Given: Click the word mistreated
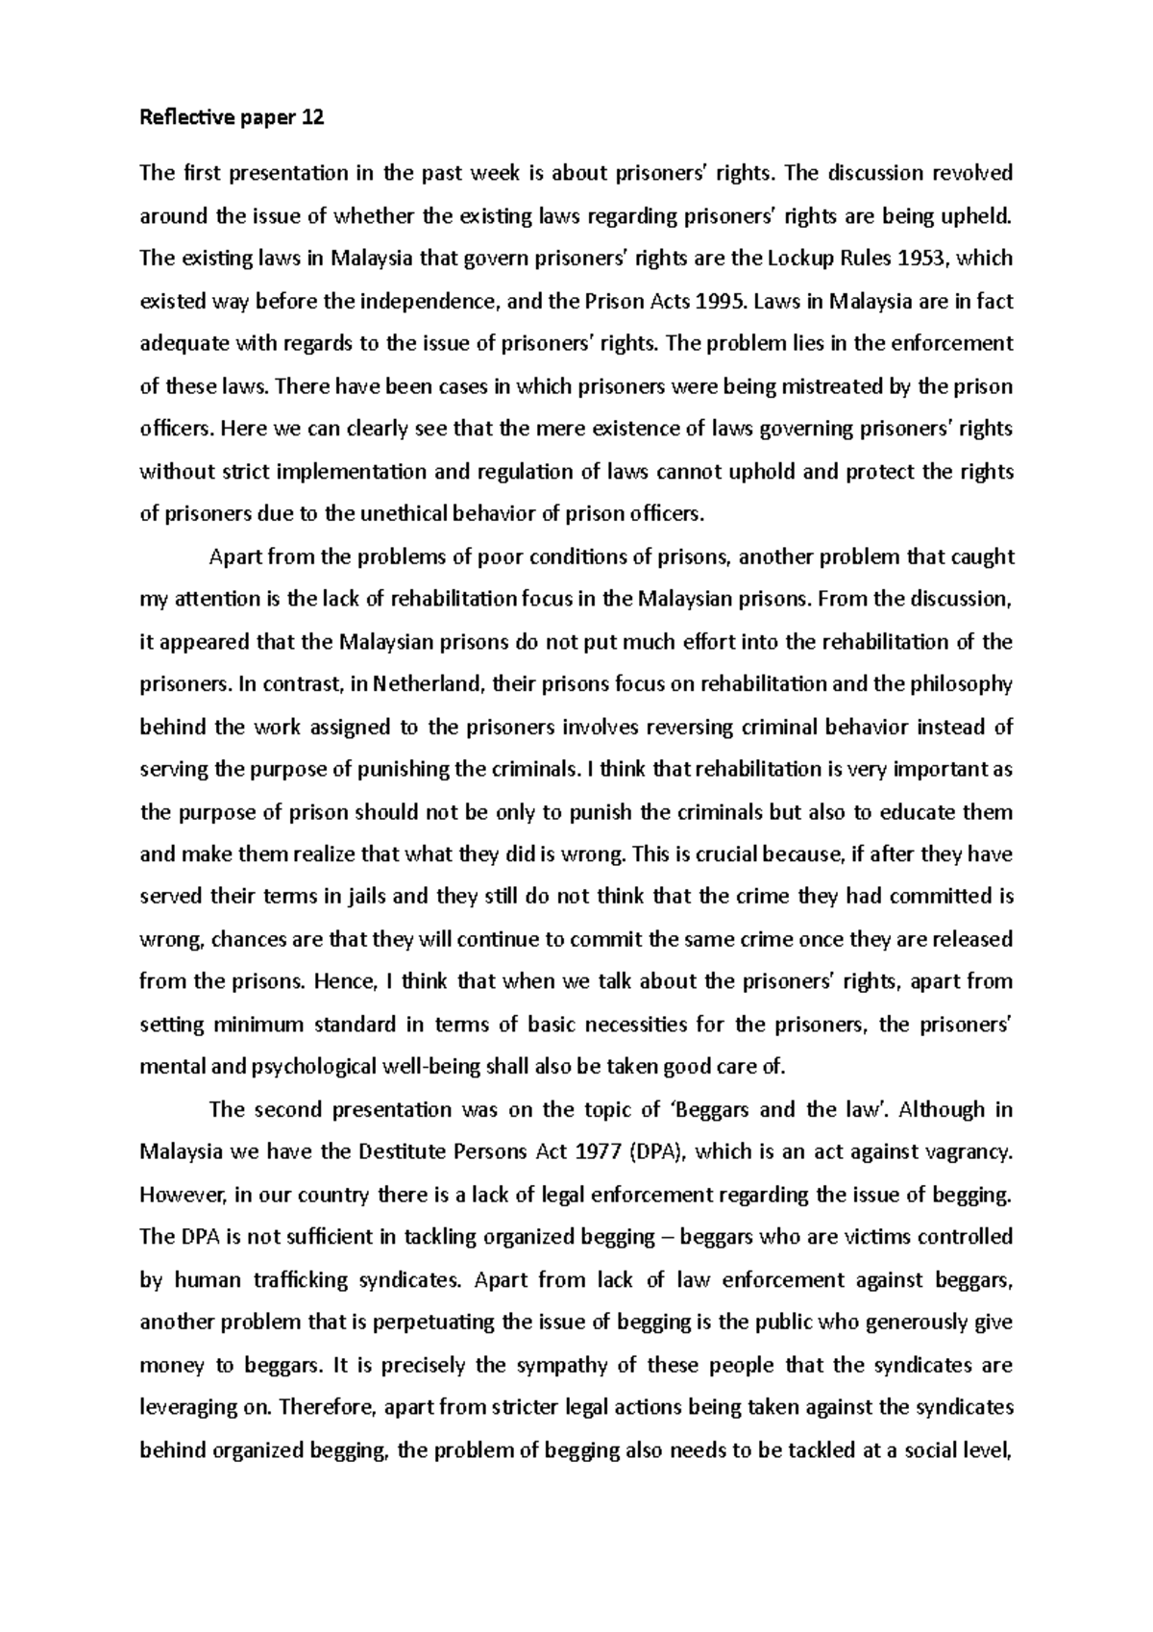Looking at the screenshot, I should (833, 386).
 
